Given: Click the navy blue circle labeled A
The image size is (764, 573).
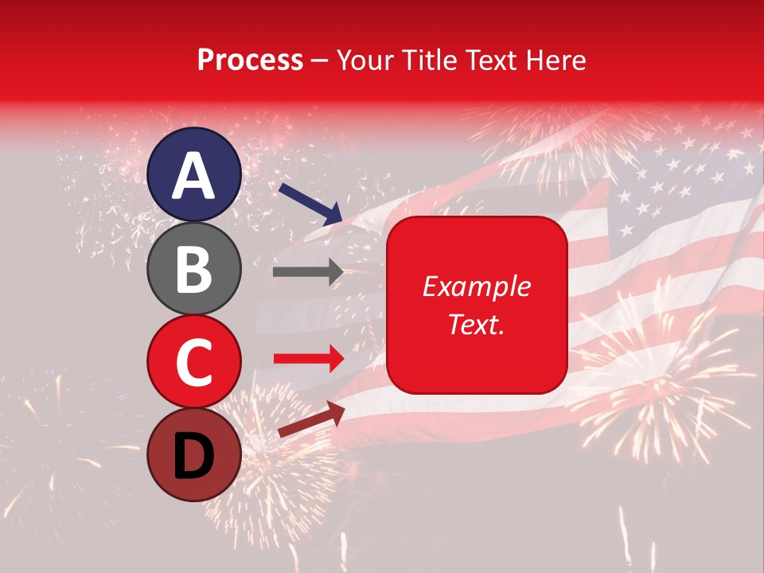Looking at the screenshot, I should [194, 175].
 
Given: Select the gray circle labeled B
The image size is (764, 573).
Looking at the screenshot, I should [194, 268].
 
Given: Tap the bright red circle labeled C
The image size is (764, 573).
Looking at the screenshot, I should [194, 361].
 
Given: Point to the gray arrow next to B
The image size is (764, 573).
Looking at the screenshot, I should [308, 272].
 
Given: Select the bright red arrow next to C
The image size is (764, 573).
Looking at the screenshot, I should [308, 360].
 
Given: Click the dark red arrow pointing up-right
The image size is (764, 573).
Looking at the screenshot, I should [310, 419].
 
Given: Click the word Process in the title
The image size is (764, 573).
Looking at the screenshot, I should [250, 60].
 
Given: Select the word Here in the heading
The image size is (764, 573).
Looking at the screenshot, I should [556, 60].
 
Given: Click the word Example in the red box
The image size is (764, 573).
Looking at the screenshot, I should [477, 286].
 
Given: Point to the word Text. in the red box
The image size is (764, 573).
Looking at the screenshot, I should [477, 324].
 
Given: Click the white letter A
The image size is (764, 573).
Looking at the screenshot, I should [194, 175].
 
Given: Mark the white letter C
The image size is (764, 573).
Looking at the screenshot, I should [194, 361].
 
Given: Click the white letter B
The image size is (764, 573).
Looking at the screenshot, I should [194, 268].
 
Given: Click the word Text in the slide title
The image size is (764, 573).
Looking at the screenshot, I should [492, 60].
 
